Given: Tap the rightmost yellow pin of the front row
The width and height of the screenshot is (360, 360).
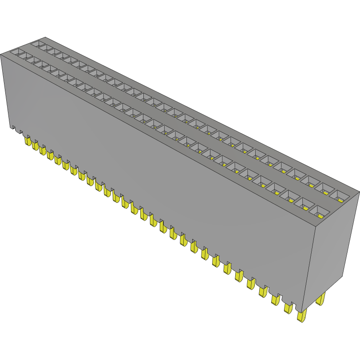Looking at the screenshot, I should (302, 316).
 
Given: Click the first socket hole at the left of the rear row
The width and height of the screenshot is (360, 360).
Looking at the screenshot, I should (39, 44).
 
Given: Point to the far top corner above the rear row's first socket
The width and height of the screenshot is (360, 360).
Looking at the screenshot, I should (45, 38).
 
